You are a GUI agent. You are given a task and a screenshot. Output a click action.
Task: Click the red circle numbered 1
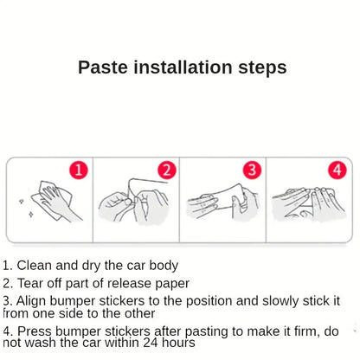pos(79,170)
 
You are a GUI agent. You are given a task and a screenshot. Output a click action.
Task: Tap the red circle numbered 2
pos(167,170)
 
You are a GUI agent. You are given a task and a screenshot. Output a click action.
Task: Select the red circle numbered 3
pos(252,170)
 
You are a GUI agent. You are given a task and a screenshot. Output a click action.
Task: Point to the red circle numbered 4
pos(337,170)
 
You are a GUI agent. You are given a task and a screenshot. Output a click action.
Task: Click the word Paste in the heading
pos(103,67)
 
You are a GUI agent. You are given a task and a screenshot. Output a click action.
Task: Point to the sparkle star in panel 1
pos(21,201)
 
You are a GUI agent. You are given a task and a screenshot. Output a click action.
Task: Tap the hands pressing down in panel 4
pos(307,206)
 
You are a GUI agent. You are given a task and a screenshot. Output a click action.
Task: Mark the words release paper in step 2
pos(148,283)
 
